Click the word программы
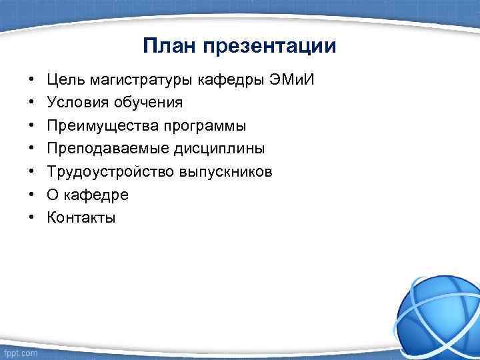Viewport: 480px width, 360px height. (199, 126)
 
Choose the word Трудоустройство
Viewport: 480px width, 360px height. (109, 172)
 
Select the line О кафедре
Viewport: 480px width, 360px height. (87, 195)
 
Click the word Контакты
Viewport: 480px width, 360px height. (81, 217)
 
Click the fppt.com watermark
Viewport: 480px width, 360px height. (20, 352)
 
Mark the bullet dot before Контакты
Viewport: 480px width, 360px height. (31, 217)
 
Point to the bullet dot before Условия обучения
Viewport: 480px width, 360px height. (31, 103)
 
